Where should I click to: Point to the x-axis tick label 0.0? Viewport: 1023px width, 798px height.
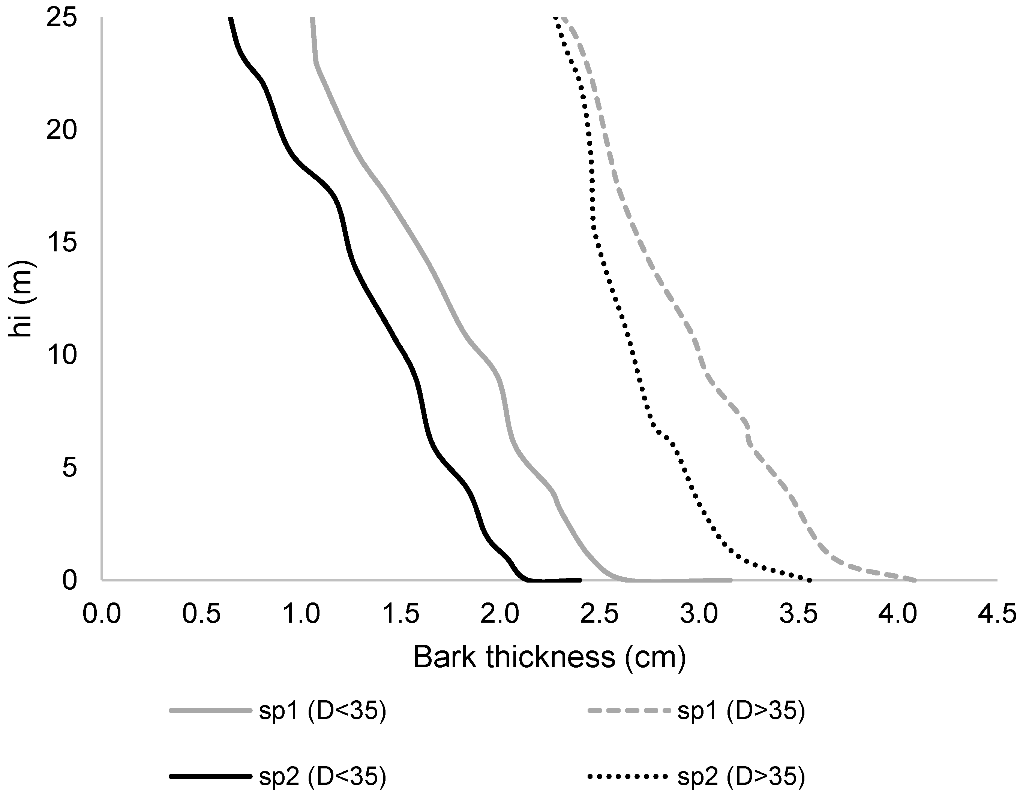102,614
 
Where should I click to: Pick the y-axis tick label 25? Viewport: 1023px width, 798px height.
61,19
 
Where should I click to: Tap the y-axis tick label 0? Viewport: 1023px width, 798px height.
70,581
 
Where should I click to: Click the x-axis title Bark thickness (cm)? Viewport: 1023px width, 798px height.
549,658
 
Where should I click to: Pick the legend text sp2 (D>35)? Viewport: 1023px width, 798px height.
741,777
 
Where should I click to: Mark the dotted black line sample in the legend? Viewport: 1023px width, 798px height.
628,777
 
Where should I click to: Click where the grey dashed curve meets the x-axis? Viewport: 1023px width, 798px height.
915,580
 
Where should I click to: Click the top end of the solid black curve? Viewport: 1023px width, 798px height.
230,19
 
